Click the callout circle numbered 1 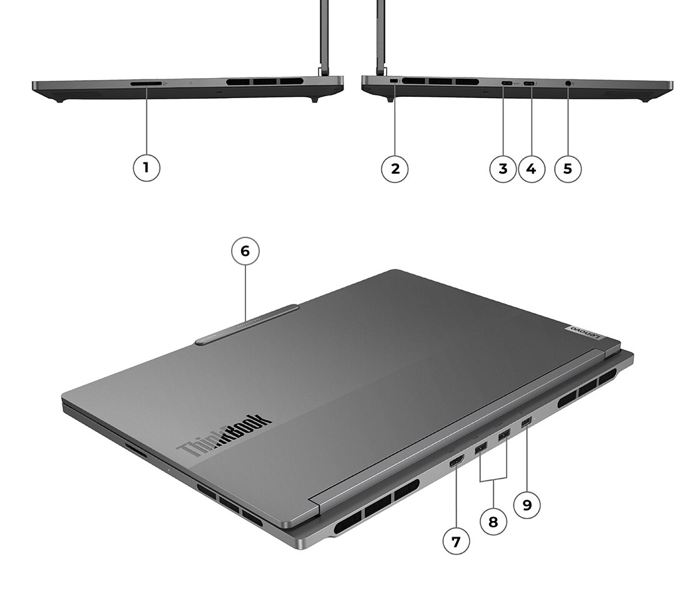(147, 167)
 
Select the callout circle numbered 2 (395, 169)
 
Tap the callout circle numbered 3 (503, 169)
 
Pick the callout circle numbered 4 (531, 169)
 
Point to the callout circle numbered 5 (568, 169)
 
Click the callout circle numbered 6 (245, 251)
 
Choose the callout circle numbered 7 (456, 541)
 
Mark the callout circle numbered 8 (493, 521)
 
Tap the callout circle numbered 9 (526, 505)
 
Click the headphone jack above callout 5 (568, 83)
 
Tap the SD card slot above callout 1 (146, 83)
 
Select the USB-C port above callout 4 (528, 83)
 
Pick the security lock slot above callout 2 (394, 81)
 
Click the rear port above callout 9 (526, 422)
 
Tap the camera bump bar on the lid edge (247, 324)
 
